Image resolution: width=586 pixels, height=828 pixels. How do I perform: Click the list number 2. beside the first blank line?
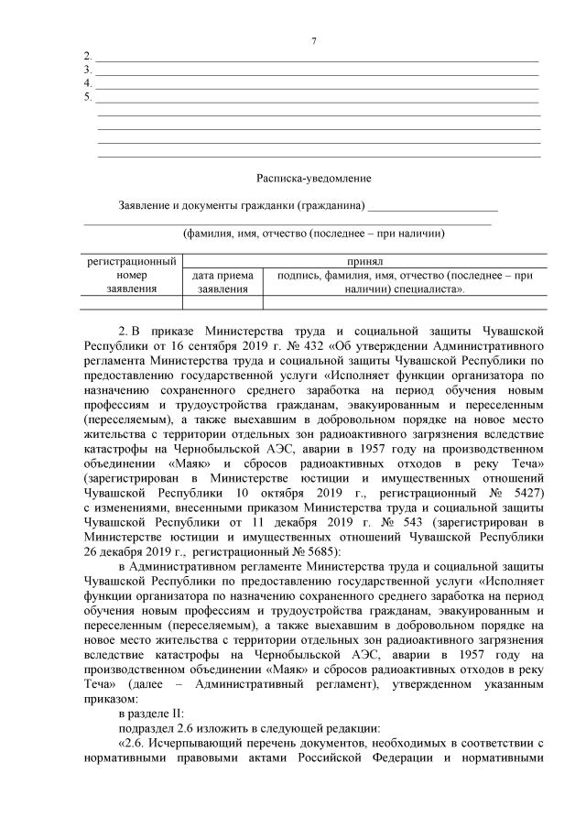[x=87, y=57]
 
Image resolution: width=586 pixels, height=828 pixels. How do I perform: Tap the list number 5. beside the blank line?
[x=87, y=96]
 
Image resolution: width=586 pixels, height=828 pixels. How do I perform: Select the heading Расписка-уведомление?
[x=313, y=179]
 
